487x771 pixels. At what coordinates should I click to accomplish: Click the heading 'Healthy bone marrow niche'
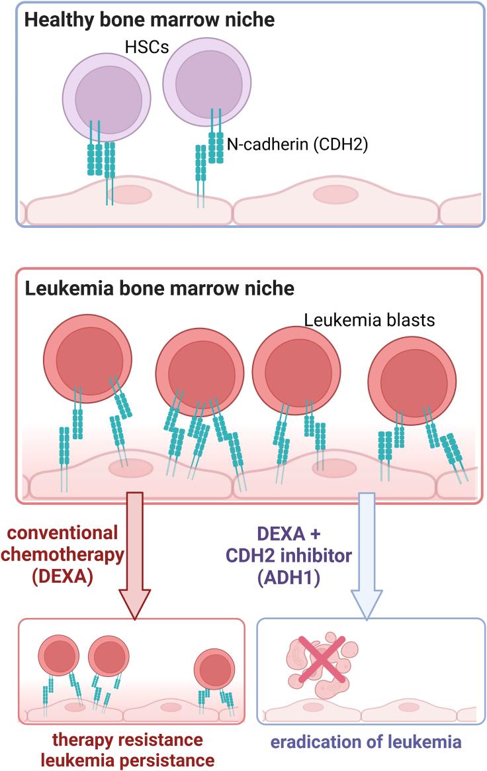click(x=150, y=20)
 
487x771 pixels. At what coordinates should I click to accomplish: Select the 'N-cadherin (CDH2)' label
click(x=297, y=144)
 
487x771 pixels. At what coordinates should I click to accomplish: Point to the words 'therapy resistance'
click(x=128, y=739)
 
